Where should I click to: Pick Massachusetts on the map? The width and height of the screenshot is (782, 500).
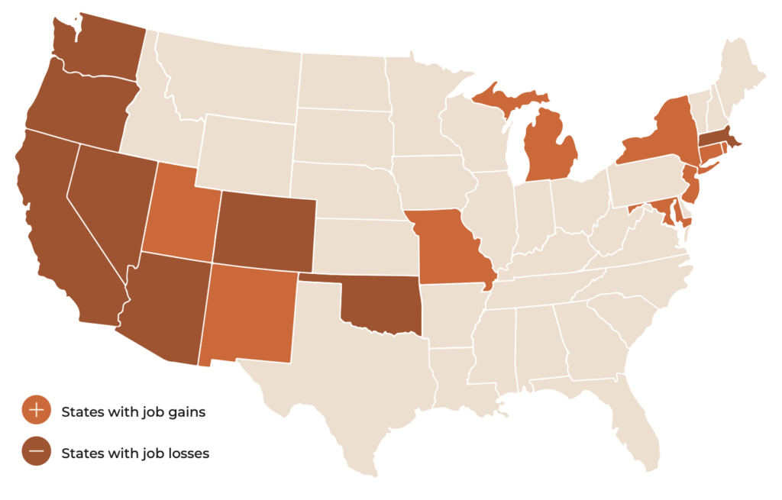pyautogui.click(x=718, y=137)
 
